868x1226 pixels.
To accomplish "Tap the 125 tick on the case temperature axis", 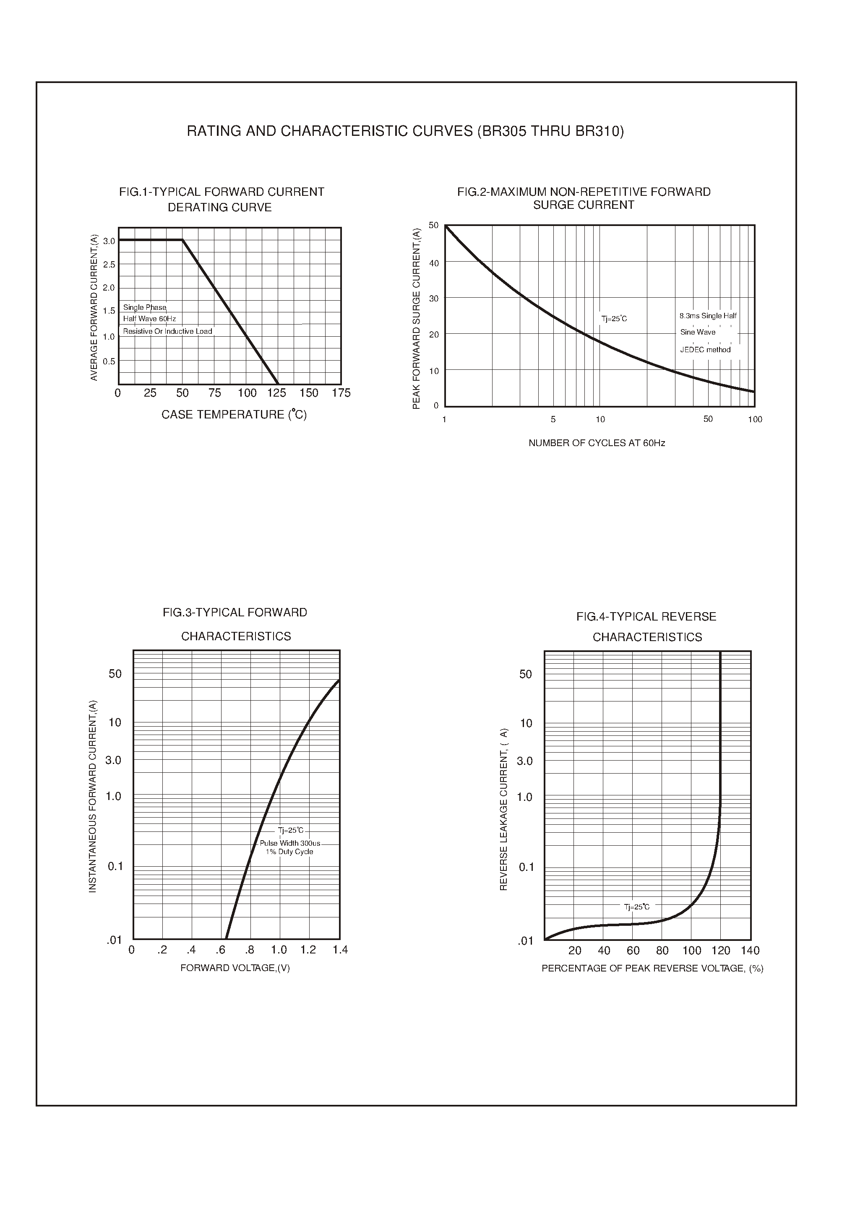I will [x=277, y=393].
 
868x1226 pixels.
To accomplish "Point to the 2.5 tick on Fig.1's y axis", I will [x=109, y=265].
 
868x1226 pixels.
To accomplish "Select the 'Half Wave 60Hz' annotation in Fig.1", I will [x=149, y=319].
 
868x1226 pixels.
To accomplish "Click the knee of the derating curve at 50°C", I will [x=183, y=240].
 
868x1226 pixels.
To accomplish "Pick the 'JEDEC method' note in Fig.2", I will [x=705, y=350].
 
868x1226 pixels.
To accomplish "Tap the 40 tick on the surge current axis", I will [x=434, y=263].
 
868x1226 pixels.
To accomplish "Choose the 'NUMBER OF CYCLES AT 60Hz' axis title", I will [x=597, y=443].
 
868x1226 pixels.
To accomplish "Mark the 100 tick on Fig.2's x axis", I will [x=755, y=419].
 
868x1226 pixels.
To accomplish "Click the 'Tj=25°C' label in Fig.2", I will [x=614, y=319].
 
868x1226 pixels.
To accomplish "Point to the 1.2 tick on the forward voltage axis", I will [x=308, y=950].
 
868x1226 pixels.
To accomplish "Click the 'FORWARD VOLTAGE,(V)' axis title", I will [x=235, y=968].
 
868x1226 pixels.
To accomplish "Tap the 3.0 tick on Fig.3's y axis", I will [x=113, y=760].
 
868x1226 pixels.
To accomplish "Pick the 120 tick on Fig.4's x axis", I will [x=720, y=951].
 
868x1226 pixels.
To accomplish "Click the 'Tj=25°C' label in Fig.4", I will [x=636, y=907].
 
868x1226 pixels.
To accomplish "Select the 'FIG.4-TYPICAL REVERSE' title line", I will [x=646, y=617].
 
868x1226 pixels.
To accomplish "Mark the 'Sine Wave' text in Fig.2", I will [x=698, y=332].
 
